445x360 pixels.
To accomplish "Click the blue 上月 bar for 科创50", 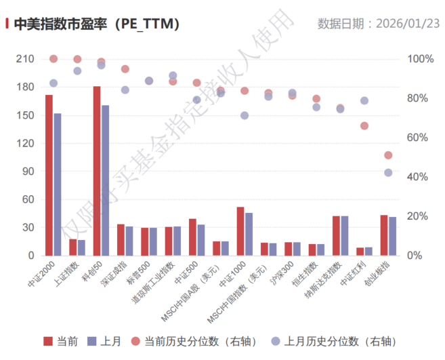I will pyautogui.click(x=105, y=180).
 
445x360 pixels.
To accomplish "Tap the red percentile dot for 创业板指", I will pyautogui.click(x=388, y=155).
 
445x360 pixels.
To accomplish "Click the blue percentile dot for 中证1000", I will pyautogui.click(x=245, y=115).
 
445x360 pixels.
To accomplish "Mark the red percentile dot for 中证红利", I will pyautogui.click(x=364, y=125).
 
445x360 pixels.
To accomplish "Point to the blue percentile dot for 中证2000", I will pyautogui.click(x=54, y=83).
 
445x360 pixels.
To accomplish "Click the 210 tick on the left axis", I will pyautogui.click(x=24, y=59).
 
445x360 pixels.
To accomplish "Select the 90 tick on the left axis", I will pyautogui.click(x=27, y=172).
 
